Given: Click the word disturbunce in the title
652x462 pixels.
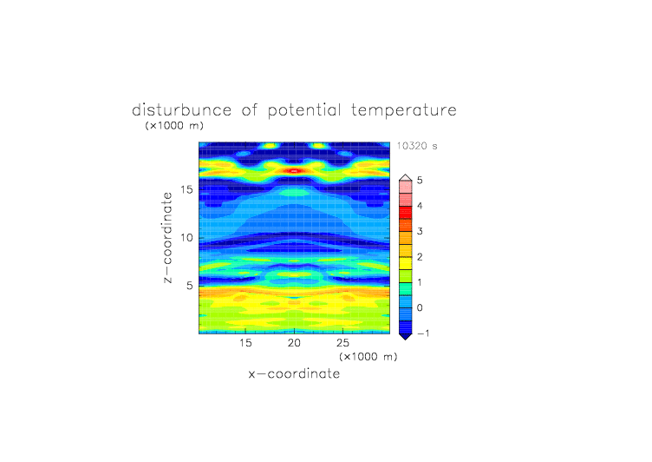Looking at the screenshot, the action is [x=181, y=110].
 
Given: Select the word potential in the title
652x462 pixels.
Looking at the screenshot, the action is [x=304, y=111].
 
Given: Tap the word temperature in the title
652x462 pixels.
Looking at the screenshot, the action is [x=404, y=111].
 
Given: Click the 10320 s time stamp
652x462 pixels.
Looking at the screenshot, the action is [x=417, y=146].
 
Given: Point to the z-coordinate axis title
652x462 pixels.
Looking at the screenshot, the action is [x=167, y=237].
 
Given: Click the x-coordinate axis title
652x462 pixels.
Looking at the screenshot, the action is [x=294, y=373].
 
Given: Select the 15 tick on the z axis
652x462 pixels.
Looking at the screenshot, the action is [x=186, y=189].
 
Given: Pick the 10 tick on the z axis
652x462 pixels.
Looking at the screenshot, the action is [x=186, y=238].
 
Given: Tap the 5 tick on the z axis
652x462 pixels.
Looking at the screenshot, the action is [x=190, y=286].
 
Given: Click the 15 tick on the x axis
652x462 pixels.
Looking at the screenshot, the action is [x=245, y=343].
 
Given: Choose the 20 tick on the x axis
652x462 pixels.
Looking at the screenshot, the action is [x=294, y=343].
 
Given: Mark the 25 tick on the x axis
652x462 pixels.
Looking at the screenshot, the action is [x=342, y=343].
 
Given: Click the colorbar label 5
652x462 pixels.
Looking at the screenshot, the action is [x=420, y=181].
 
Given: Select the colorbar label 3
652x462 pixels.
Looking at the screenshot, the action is [x=420, y=231].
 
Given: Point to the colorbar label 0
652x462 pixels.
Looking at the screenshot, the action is [x=420, y=308].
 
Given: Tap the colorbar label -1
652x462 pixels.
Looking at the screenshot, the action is [x=423, y=333].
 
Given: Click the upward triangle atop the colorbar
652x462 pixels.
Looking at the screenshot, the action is [x=406, y=177].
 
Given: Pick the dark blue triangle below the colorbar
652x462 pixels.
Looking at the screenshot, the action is [x=406, y=337].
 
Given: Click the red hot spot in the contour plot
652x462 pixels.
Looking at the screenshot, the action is [x=294, y=171].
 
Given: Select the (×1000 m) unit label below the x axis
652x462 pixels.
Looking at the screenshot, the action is [x=368, y=357].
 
